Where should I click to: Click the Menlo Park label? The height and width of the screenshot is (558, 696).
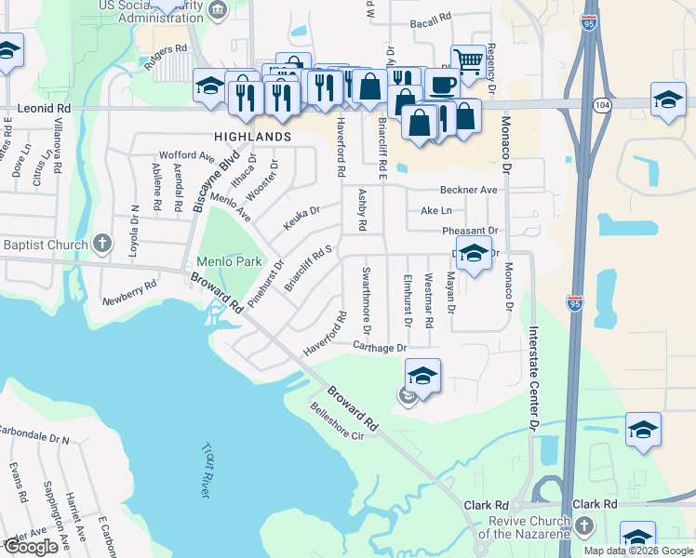point(229,261)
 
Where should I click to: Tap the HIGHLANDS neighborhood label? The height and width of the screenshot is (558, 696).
point(253,136)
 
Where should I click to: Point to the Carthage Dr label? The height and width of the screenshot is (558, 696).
point(381,347)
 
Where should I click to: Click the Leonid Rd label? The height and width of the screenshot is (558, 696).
point(44,109)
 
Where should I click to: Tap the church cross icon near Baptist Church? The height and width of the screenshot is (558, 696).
point(103,245)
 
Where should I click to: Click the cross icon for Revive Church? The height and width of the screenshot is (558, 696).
point(582,525)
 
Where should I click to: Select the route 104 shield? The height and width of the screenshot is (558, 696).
point(601,108)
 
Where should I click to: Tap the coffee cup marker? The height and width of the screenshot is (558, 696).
point(442,84)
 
